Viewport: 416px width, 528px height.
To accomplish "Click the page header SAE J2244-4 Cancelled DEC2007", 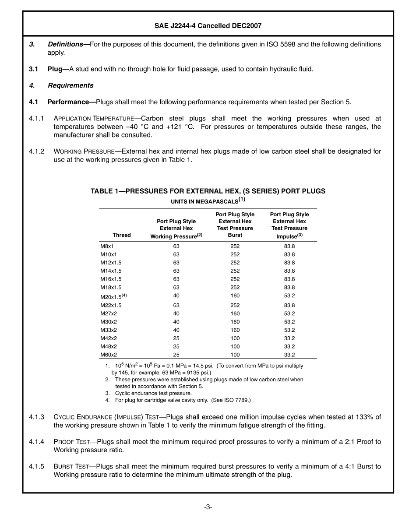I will (x=208, y=26).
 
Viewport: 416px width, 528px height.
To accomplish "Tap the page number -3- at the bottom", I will (x=208, y=507).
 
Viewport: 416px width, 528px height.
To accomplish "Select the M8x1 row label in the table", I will (x=107, y=246).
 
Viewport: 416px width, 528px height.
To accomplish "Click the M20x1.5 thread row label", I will (x=111, y=296).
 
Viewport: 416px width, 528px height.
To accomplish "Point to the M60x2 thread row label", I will (x=109, y=355).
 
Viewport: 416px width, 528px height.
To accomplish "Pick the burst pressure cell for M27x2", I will (x=235, y=313).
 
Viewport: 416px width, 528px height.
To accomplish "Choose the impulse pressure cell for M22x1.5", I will (x=289, y=305).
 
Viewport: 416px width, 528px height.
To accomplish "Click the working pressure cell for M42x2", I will (x=176, y=338).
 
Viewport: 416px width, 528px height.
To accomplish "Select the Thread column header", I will (x=122, y=235).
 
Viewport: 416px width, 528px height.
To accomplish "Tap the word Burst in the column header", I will (x=235, y=235).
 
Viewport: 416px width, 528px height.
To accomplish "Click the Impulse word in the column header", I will (x=286, y=236).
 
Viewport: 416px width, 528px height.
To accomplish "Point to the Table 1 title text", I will (x=208, y=191).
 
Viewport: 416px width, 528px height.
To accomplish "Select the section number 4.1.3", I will (x=37, y=417).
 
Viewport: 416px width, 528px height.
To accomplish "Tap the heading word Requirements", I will (x=71, y=85).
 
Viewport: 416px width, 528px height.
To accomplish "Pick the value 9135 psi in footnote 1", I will (x=198, y=373).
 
